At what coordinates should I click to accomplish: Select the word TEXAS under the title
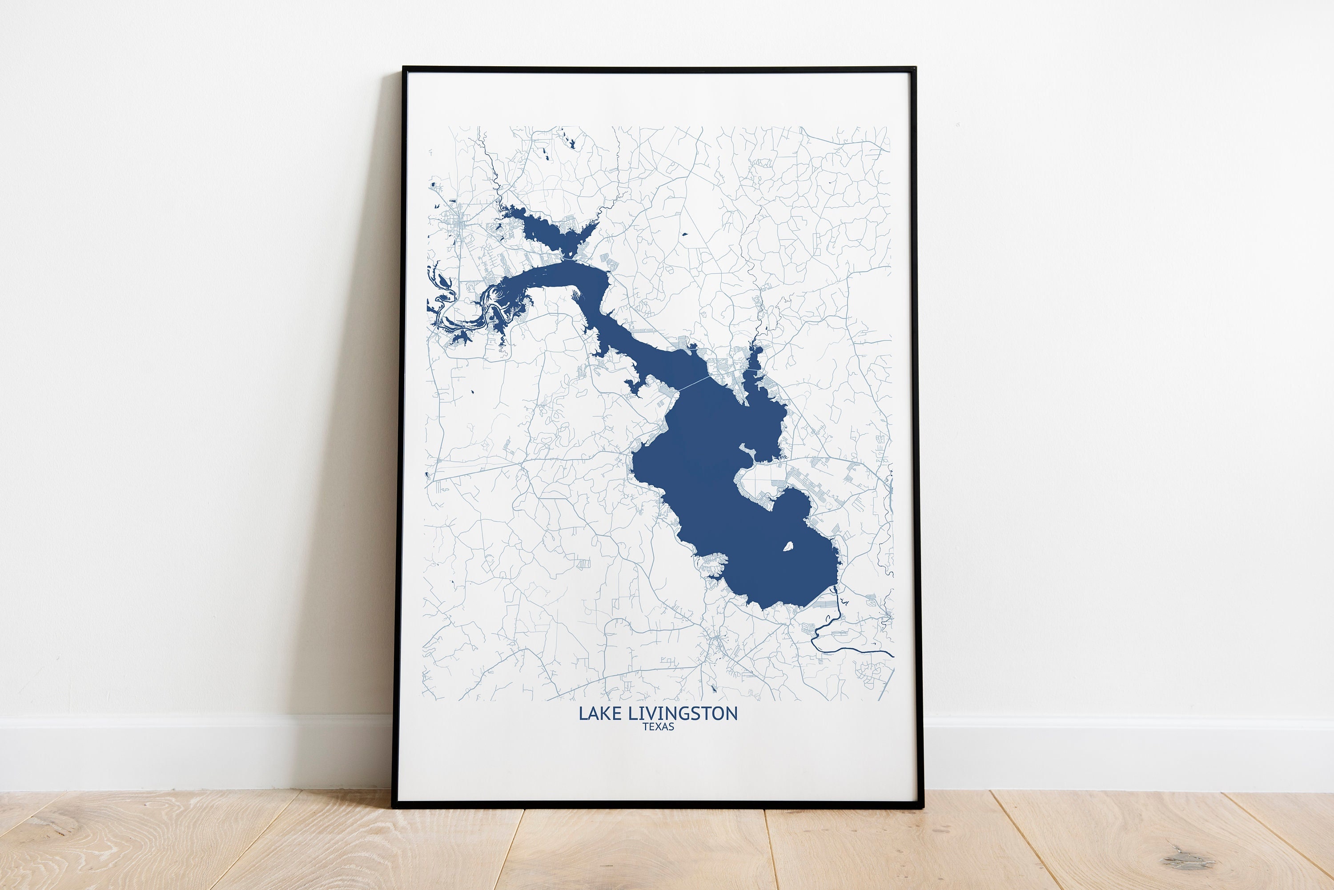coord(658,726)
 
